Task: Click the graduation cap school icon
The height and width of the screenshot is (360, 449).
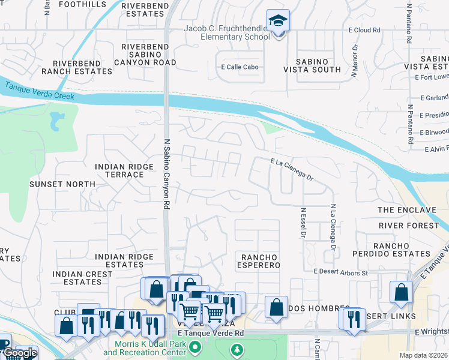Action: [278, 22]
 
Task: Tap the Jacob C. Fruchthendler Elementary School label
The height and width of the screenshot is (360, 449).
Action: [235, 33]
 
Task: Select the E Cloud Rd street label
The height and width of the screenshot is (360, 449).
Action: [364, 29]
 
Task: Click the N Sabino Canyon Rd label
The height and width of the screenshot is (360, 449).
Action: [164, 171]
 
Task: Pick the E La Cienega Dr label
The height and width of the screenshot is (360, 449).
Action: [292, 169]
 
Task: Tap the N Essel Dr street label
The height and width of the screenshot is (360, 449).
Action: [304, 222]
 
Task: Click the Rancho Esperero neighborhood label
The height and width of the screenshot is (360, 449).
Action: [261, 261]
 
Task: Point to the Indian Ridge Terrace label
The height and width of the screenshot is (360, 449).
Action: [120, 170]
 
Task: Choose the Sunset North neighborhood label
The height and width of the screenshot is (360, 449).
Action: [62, 184]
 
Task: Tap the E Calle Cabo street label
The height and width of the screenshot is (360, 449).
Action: [240, 67]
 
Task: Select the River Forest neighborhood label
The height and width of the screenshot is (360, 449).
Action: [409, 226]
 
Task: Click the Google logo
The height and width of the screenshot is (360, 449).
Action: [19, 353]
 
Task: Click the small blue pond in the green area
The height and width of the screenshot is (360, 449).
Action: [58, 121]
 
